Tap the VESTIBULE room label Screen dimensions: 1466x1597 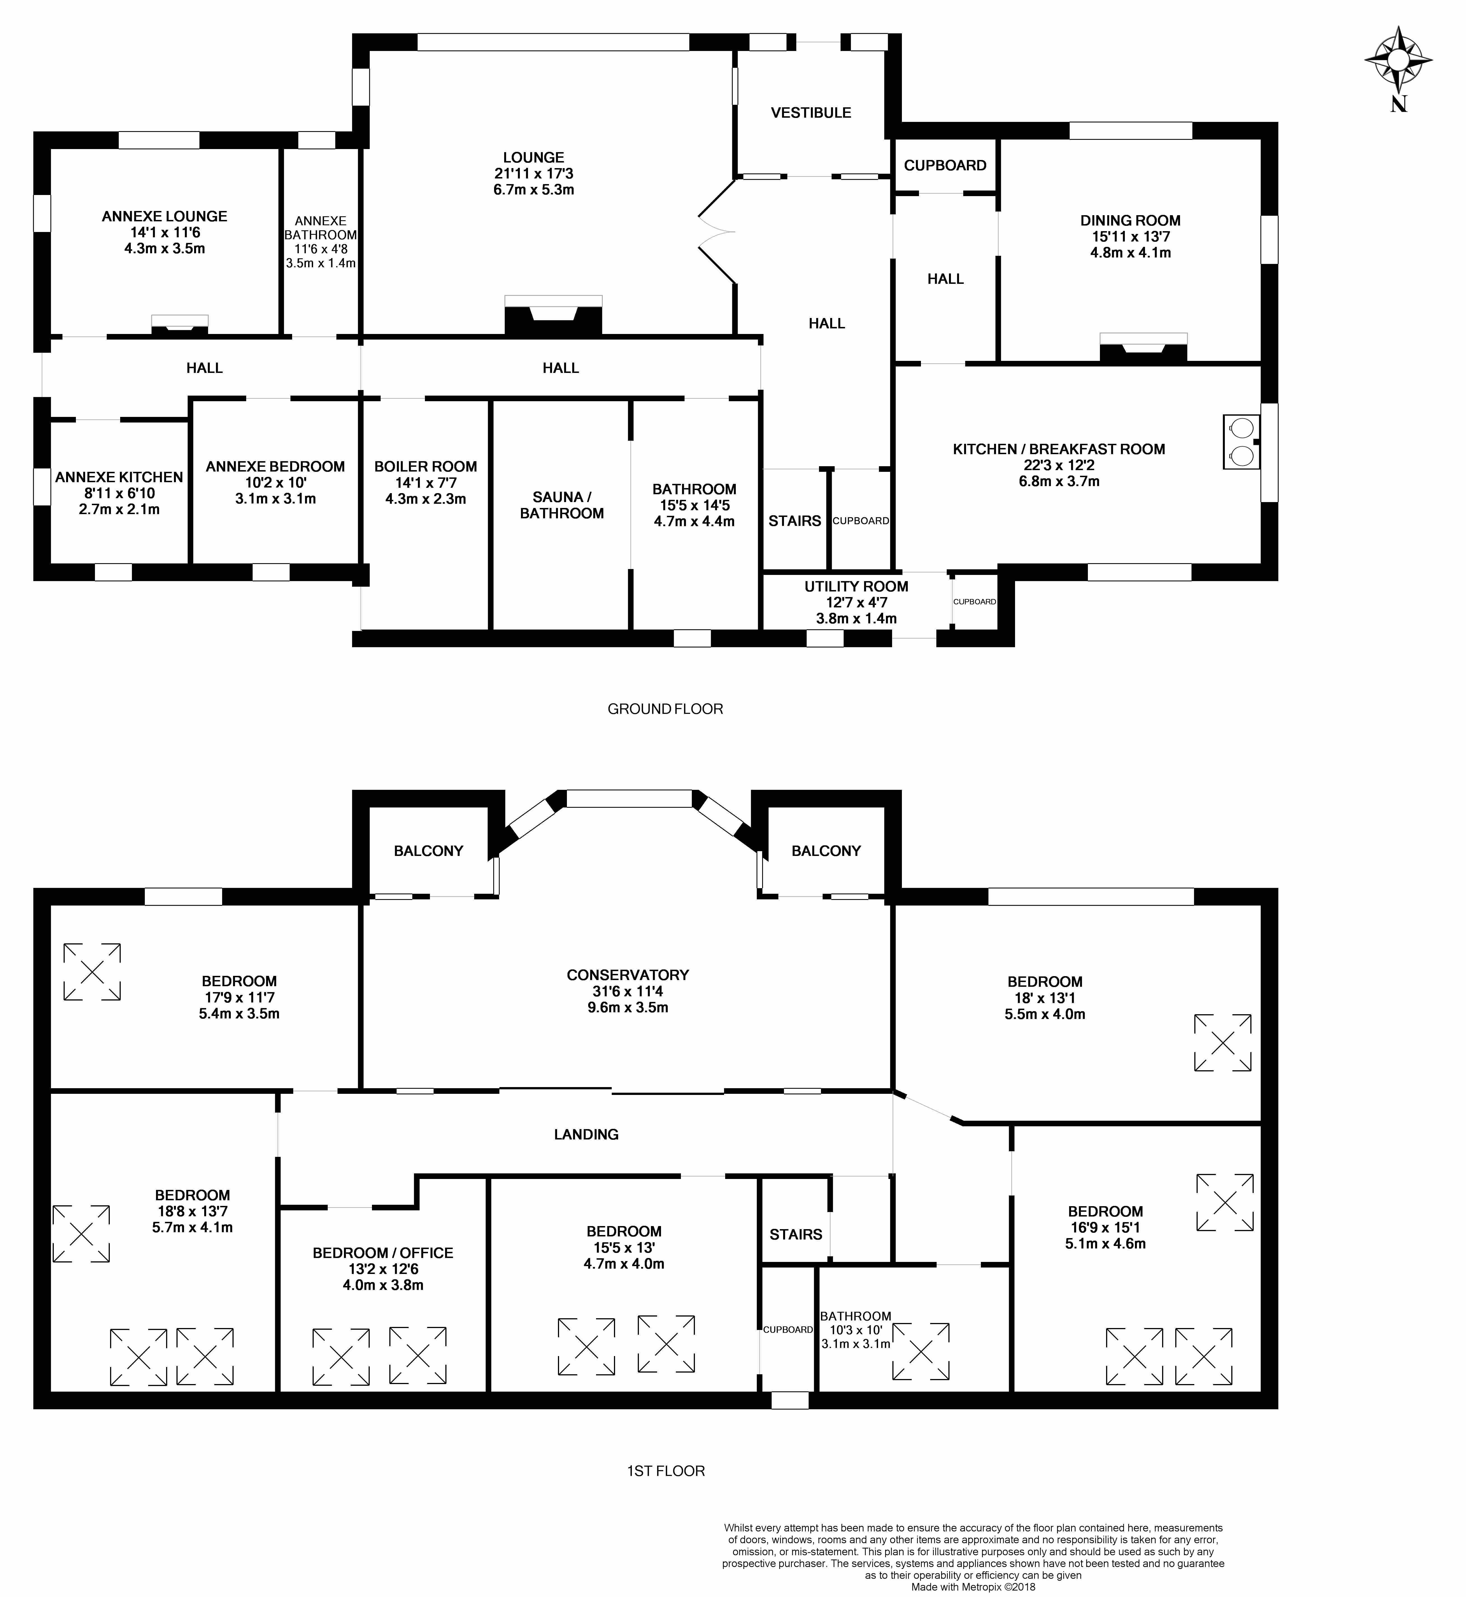811,113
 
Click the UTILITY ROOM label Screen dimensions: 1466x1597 856,586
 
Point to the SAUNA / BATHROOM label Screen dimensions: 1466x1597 562,505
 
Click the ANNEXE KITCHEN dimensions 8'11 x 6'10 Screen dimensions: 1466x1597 119,493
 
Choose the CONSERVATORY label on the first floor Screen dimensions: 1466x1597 627,975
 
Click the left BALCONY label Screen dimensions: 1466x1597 428,850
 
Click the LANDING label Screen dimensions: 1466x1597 586,1134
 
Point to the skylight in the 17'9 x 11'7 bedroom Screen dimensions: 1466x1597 92,972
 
